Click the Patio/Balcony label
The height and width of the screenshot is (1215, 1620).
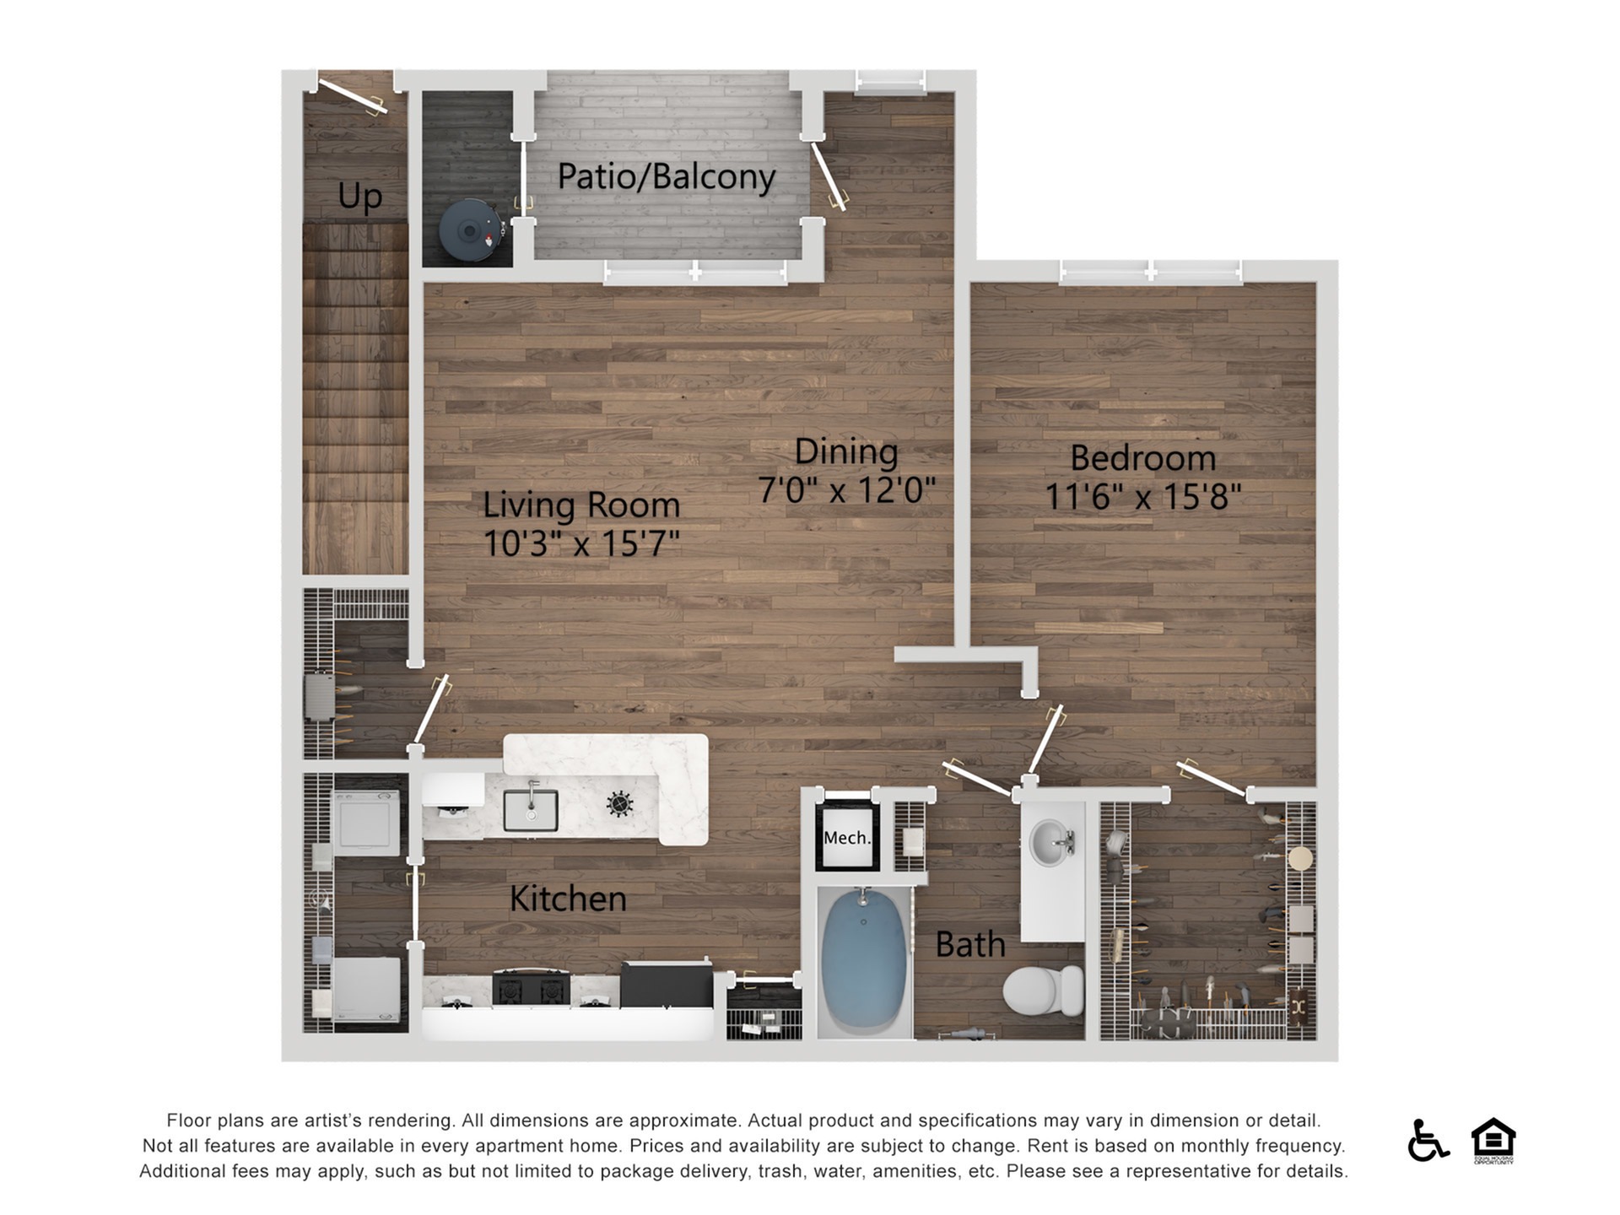(x=666, y=177)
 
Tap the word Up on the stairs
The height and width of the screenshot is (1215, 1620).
(x=360, y=197)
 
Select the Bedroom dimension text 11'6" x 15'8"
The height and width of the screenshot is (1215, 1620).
(x=1143, y=496)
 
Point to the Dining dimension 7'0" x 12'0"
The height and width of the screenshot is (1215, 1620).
(x=846, y=489)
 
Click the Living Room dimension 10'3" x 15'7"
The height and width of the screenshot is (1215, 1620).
(x=581, y=543)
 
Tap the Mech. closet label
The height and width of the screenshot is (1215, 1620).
(x=847, y=838)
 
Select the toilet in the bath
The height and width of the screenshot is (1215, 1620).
(x=1044, y=991)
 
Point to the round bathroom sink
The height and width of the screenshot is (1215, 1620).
(x=1051, y=842)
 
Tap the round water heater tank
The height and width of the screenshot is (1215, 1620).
(x=470, y=229)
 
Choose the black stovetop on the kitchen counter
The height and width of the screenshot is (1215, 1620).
(x=531, y=988)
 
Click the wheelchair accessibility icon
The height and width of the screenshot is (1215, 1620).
(x=1428, y=1140)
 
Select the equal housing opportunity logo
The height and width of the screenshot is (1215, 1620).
(x=1493, y=1140)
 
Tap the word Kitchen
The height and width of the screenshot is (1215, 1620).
(x=568, y=899)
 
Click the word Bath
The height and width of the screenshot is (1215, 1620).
(x=970, y=944)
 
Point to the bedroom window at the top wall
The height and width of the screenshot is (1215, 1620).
(x=1151, y=271)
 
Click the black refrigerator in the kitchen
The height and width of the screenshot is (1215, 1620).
(x=667, y=985)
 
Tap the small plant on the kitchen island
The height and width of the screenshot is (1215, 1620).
(x=620, y=804)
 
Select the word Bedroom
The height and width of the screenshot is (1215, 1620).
(x=1143, y=458)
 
